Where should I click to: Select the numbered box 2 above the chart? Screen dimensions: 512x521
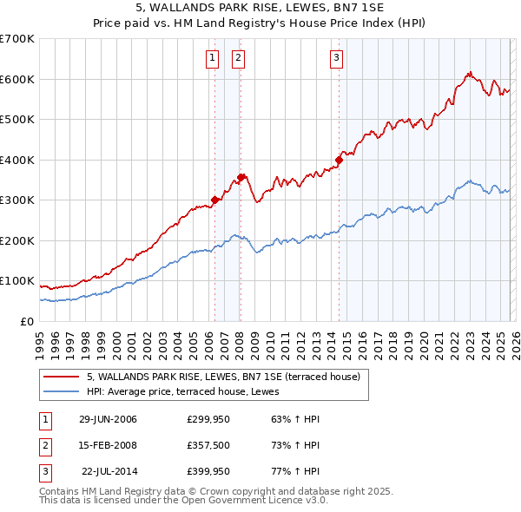[x=238, y=58]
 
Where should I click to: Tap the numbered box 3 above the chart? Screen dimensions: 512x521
[x=336, y=58]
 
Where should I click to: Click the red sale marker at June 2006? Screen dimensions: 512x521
[x=214, y=200]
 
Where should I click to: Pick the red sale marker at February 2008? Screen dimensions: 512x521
[x=241, y=177]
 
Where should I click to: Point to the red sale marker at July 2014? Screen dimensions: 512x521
[x=340, y=160]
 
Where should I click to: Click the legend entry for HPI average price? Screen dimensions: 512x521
[x=167, y=391]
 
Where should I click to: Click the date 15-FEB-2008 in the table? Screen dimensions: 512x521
[x=108, y=445]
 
